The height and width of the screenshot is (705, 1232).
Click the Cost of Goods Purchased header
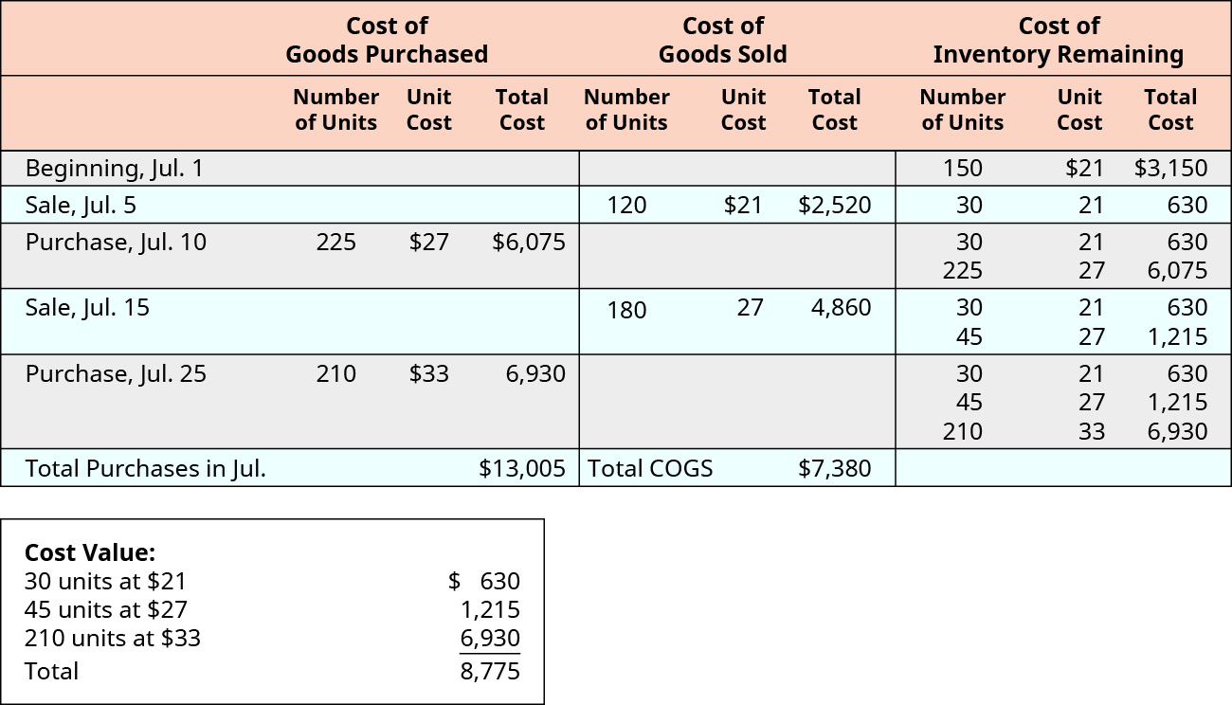tap(387, 40)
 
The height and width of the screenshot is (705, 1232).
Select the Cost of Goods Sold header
tap(722, 40)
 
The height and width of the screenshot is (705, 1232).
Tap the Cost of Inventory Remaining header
tap(1058, 40)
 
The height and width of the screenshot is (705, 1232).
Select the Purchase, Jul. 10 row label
tap(116, 242)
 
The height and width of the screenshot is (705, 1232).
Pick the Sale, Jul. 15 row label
tap(87, 307)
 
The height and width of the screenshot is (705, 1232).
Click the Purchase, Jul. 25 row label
tap(116, 373)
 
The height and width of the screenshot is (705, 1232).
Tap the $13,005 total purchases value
tap(522, 468)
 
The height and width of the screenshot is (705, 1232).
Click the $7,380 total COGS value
tap(834, 468)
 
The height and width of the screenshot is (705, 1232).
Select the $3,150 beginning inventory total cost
tap(1170, 169)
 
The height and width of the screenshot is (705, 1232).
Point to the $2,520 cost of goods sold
tap(834, 205)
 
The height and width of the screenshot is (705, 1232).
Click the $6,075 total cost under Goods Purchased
tap(529, 242)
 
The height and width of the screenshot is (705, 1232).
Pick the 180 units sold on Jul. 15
tap(626, 309)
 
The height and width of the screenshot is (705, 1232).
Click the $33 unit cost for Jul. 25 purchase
tap(428, 373)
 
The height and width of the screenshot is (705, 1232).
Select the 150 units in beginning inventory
tap(963, 169)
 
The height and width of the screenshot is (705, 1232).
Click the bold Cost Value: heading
tap(90, 552)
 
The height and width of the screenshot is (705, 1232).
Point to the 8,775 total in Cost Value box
tap(491, 671)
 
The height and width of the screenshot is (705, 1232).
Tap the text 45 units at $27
tap(106, 609)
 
